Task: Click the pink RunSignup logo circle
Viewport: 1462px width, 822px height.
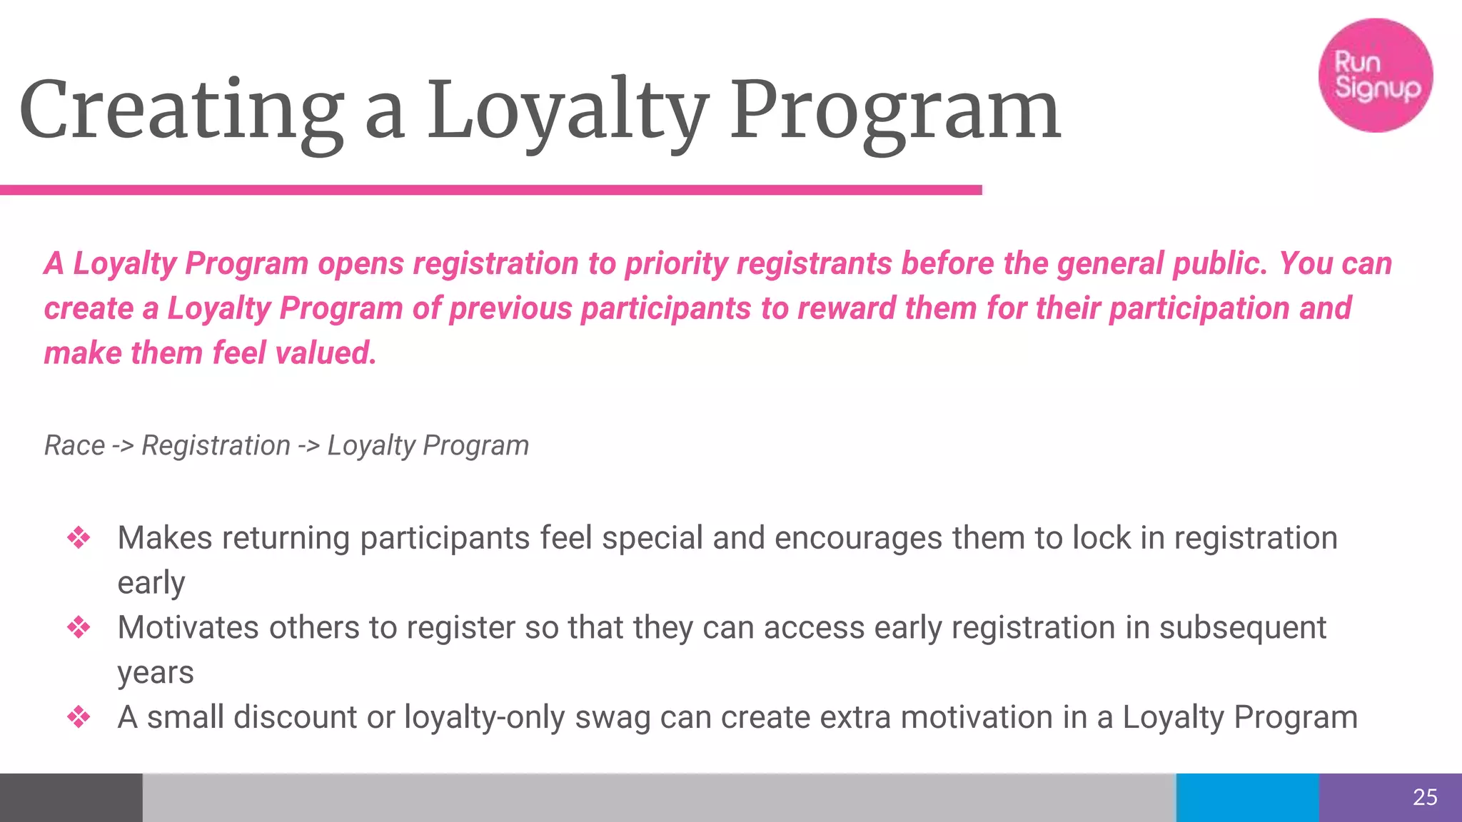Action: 1375,76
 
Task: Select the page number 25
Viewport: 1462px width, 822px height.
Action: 1425,797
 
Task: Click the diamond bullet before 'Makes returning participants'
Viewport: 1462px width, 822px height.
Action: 79,538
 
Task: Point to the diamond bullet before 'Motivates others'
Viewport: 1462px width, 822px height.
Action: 79,628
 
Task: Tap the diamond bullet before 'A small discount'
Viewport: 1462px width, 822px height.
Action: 79,717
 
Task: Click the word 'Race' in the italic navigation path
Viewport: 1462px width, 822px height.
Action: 74,445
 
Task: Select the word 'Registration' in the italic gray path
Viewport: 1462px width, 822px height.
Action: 216,445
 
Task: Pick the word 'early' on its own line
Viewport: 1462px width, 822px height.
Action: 151,583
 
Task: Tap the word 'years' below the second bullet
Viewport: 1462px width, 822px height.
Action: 156,673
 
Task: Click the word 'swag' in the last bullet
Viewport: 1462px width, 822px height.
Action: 612,718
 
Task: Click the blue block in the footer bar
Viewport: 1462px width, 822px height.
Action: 1247,797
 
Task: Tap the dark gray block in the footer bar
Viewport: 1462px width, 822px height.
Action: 71,797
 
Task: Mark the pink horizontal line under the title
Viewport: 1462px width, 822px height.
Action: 491,190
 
